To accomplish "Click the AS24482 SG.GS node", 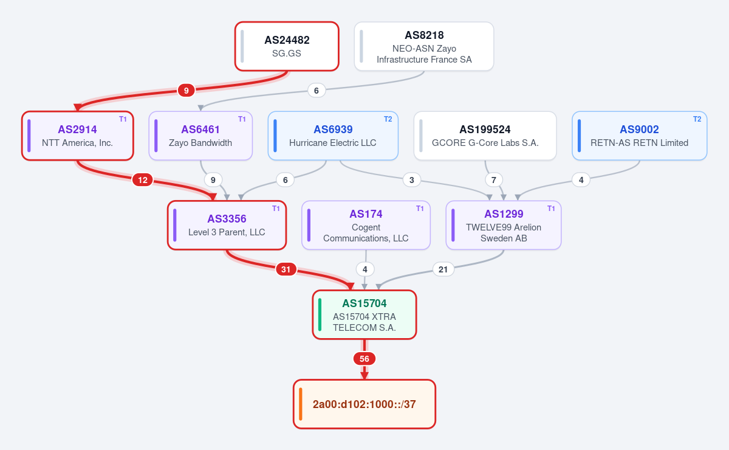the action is coord(287,46).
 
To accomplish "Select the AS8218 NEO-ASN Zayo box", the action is coord(424,46).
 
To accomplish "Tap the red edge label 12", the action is coord(143,180).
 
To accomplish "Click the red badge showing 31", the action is coord(286,269).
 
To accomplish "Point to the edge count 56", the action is coord(364,359).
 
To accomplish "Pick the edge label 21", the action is coord(443,269).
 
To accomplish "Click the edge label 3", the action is coord(412,180).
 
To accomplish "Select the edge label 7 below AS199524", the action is coord(494,180).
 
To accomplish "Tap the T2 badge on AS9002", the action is coord(697,119).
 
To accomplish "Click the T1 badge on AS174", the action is coord(420,208).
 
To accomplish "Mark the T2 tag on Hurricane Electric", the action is coord(388,119).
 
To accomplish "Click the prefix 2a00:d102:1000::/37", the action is coord(364,404).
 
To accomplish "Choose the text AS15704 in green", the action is coord(364,303).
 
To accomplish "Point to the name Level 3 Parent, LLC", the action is coord(227,232).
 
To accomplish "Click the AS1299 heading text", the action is coord(504,214).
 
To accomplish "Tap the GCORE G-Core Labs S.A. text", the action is coord(485,143).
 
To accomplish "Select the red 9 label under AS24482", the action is coord(186,90).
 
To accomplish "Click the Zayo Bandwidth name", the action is coord(200,143).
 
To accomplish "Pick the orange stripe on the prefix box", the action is coord(300,404).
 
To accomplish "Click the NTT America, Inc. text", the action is coord(77,143).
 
